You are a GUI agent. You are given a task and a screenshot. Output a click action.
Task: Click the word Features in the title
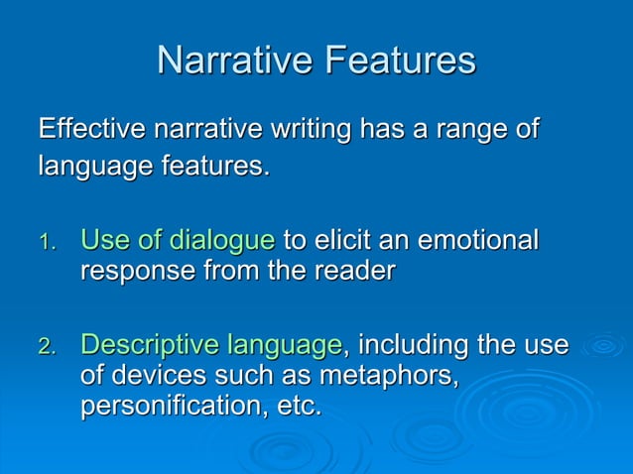pos(399,60)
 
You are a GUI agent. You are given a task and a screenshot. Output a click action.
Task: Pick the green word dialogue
pos(221,241)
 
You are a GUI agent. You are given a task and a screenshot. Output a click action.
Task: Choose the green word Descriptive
pos(149,346)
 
